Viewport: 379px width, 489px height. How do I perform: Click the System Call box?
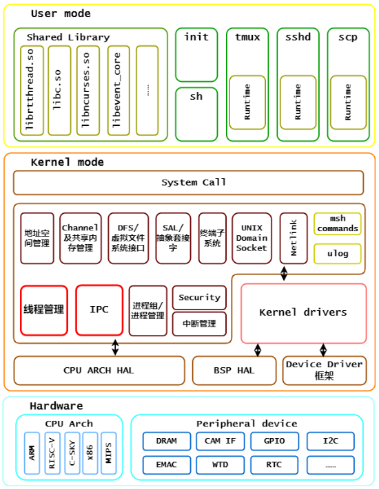[188, 182]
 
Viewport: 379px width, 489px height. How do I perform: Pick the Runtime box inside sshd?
[298, 102]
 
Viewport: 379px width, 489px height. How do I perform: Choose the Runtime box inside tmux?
[247, 102]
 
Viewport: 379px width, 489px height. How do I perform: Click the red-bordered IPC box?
[99, 310]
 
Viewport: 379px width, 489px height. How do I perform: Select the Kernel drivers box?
[303, 313]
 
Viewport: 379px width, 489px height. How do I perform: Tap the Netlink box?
[294, 238]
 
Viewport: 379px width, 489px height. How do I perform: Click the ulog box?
[338, 254]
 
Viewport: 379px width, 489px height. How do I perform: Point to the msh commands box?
[338, 224]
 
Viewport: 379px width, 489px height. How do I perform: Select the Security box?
[199, 297]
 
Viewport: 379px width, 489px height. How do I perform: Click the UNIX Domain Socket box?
[252, 238]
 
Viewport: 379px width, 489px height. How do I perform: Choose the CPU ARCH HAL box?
[99, 370]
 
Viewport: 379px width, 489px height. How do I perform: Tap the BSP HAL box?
[234, 370]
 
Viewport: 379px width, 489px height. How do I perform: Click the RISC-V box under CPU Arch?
[52, 453]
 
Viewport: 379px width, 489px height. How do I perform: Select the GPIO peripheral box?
[274, 441]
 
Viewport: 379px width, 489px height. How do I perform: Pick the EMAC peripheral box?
[166, 465]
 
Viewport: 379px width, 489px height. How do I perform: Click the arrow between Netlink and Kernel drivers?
[284, 274]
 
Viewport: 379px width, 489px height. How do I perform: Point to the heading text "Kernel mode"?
[67, 162]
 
